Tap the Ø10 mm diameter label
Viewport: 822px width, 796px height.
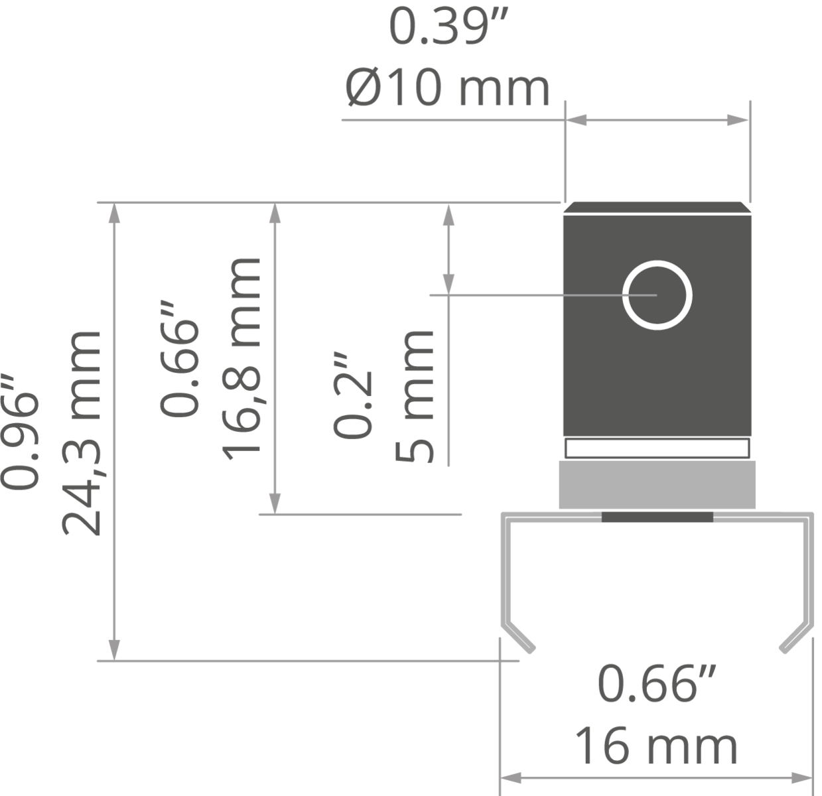[x=447, y=88]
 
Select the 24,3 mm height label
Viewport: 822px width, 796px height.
[x=82, y=434]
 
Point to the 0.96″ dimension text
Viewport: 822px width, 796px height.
[x=21, y=432]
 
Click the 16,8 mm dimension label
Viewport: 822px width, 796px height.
[x=241, y=358]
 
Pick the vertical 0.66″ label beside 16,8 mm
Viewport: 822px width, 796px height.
[x=179, y=359]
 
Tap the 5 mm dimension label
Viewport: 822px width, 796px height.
[x=414, y=396]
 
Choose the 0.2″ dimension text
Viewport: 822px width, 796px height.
[x=353, y=395]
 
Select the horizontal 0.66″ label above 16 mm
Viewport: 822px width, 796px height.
[x=657, y=684]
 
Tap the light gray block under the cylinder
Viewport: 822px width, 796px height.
[x=657, y=485]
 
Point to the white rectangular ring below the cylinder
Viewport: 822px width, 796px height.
[x=657, y=439]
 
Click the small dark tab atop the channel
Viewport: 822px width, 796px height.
[x=657, y=517]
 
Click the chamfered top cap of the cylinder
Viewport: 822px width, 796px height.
[x=657, y=208]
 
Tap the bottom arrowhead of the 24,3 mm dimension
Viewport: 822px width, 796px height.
[x=114, y=650]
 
